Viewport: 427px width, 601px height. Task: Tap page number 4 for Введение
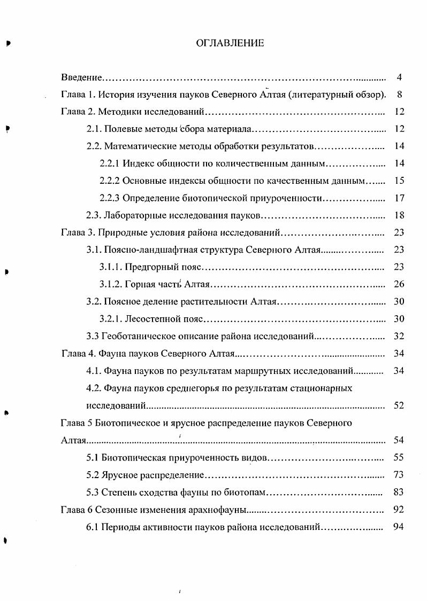click(x=399, y=77)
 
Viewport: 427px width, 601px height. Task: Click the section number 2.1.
click(x=94, y=129)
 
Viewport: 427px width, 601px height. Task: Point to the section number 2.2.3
click(x=110, y=198)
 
